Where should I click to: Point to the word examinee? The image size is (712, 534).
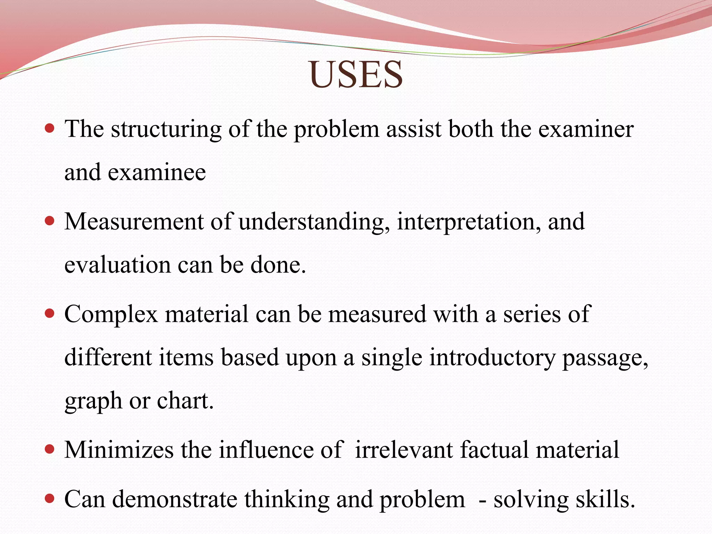[x=157, y=173]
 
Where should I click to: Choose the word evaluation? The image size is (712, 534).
[x=118, y=265]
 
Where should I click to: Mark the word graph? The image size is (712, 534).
[x=93, y=402]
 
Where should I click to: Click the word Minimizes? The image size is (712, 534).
[x=119, y=450]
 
